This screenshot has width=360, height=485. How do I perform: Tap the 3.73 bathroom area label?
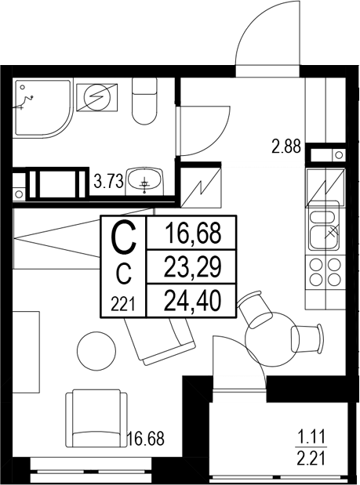[x=107, y=183]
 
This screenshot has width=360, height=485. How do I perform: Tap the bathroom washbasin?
[x=144, y=182]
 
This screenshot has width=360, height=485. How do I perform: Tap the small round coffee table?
[x=98, y=349]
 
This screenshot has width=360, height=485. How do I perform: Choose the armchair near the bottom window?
[x=95, y=419]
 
